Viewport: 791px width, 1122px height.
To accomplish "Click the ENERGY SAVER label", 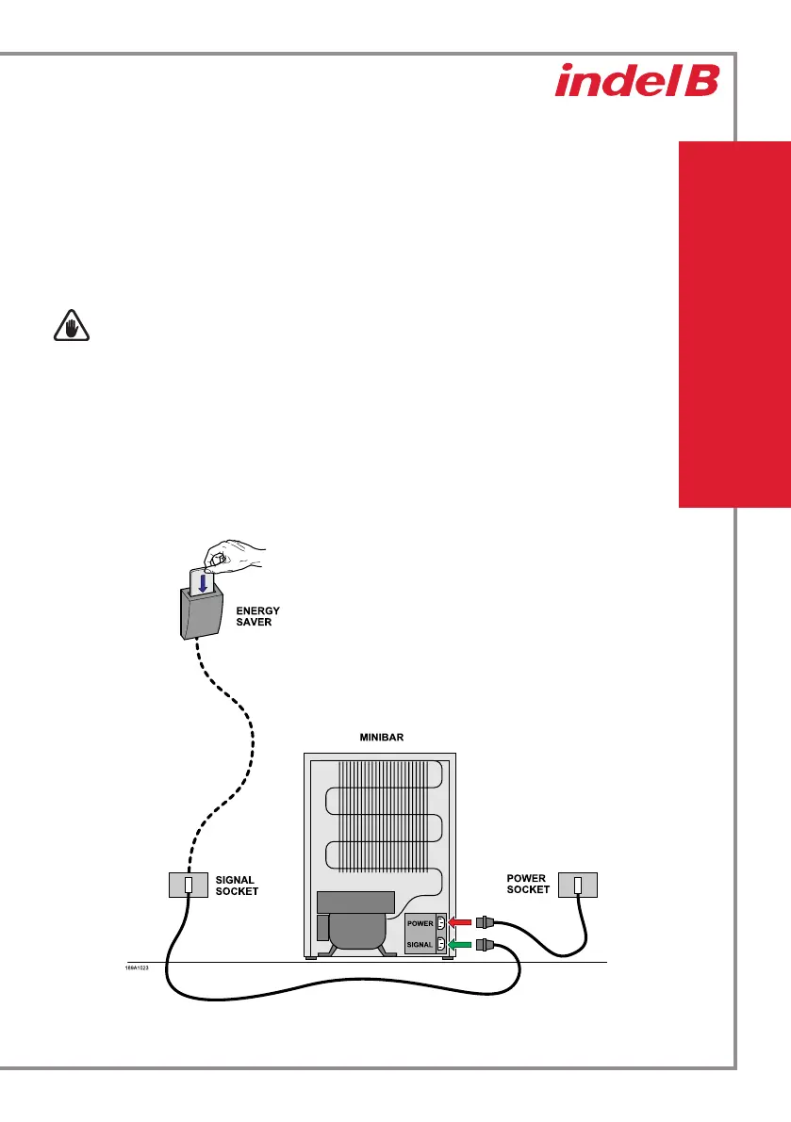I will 257,616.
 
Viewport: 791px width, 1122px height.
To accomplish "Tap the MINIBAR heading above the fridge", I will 381,738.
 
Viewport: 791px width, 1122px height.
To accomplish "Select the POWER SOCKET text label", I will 527,884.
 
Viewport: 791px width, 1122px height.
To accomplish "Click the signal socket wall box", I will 189,886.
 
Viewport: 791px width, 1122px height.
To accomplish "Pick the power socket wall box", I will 578,886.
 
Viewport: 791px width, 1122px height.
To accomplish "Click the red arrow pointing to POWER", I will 462,922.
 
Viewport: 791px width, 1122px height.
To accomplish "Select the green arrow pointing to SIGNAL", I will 462,943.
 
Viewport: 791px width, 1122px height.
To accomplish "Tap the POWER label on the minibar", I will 420,923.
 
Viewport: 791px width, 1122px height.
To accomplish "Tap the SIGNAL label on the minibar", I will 420,944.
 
